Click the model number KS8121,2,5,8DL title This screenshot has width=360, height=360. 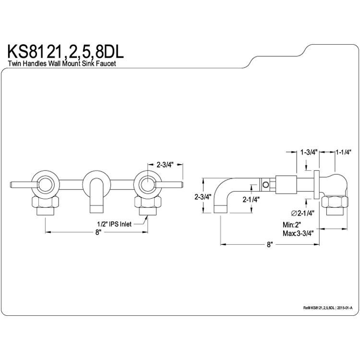click(x=66, y=52)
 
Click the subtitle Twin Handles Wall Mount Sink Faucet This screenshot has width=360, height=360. click(x=62, y=63)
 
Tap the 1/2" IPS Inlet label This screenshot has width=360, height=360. click(x=114, y=224)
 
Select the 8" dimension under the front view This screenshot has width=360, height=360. click(x=98, y=232)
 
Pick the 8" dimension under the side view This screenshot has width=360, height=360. click(x=269, y=245)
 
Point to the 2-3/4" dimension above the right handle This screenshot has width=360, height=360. click(x=165, y=164)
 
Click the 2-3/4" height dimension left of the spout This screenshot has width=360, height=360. click(x=203, y=197)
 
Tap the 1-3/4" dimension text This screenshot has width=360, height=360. click(x=309, y=152)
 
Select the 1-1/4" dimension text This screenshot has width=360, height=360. click(x=344, y=152)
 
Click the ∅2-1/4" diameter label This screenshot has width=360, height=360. click(x=302, y=213)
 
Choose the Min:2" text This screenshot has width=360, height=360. click(x=292, y=224)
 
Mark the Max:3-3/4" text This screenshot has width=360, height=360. click(x=298, y=233)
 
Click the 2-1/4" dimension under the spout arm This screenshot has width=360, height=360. click(x=251, y=200)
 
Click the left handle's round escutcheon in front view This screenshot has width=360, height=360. click(x=46, y=185)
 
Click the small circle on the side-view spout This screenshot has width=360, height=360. click(x=265, y=184)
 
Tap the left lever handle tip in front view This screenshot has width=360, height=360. click(x=12, y=184)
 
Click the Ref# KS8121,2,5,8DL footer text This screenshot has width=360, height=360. click(x=319, y=308)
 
